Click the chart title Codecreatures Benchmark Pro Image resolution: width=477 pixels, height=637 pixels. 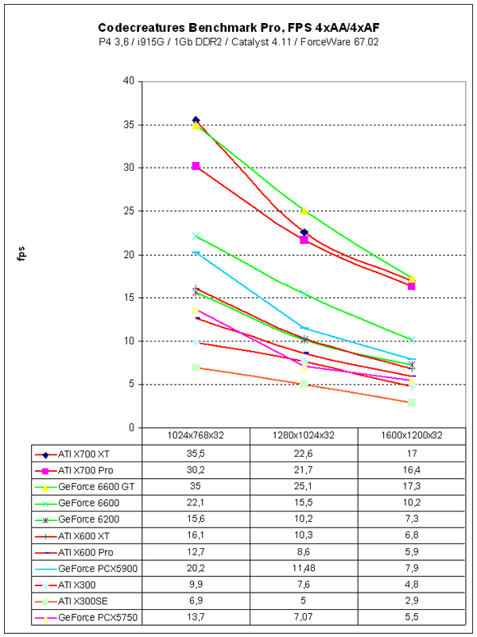point(238,25)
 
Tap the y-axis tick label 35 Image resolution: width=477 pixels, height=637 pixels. point(128,125)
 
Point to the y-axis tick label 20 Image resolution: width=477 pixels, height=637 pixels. point(128,255)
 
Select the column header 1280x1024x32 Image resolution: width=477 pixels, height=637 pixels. point(304,435)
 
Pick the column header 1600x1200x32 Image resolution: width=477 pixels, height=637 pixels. point(411,435)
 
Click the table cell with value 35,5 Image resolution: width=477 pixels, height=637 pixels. point(196,454)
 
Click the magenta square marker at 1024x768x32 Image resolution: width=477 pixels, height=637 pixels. point(196,166)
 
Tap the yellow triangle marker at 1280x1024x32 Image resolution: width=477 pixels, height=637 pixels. point(304,210)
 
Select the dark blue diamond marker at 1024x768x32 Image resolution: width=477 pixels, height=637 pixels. point(196,120)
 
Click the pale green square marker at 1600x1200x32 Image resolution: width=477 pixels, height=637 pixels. point(411,403)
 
